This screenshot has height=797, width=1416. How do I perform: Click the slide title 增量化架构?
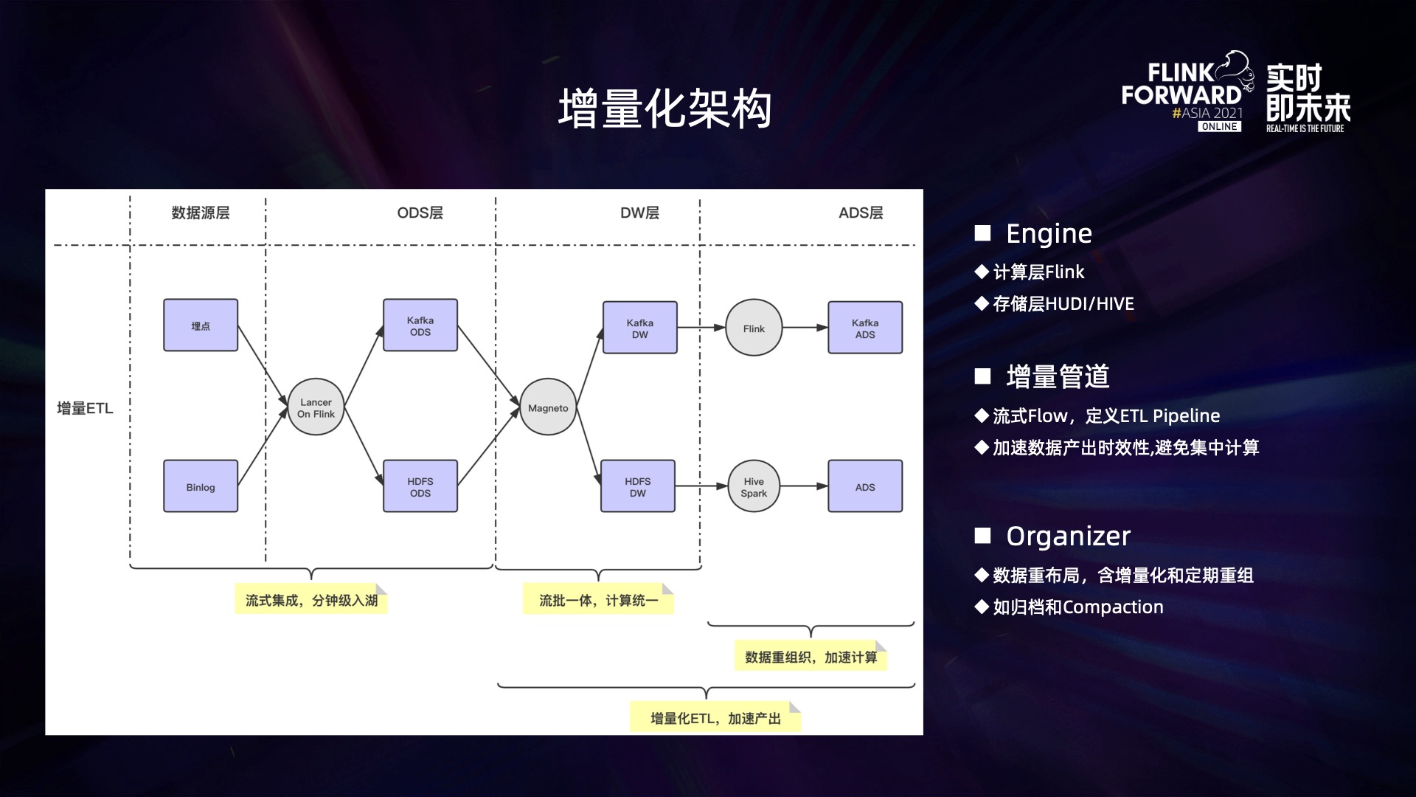coord(664,108)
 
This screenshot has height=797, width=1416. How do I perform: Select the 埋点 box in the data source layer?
coord(201,325)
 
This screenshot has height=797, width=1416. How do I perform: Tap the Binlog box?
coord(201,486)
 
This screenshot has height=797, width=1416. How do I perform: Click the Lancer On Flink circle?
coord(316,407)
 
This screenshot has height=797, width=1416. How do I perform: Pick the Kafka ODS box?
coord(420,325)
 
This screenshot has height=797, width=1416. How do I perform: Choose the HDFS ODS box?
coord(420,486)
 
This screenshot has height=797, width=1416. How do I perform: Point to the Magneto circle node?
coord(548,407)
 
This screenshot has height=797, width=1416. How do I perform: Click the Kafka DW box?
coord(639,328)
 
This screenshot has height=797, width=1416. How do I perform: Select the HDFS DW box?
coord(638,486)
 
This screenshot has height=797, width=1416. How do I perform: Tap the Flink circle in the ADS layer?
coord(754,328)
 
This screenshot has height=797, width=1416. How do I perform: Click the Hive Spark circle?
coord(754,486)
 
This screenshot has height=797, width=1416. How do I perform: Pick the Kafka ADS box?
coord(865,328)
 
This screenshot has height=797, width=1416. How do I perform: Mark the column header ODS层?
coord(420,213)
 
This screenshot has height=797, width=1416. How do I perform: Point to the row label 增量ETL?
coord(85,408)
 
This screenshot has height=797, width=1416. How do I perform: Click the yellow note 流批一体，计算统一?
coord(598,600)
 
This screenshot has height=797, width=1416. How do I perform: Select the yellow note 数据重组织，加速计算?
coord(811,657)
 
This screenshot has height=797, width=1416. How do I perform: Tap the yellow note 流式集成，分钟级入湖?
coord(311,600)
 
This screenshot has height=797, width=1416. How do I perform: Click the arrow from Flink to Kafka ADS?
coord(805,328)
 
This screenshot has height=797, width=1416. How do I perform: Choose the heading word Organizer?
coord(1068,536)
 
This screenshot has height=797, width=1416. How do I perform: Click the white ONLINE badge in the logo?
coord(1219,127)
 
